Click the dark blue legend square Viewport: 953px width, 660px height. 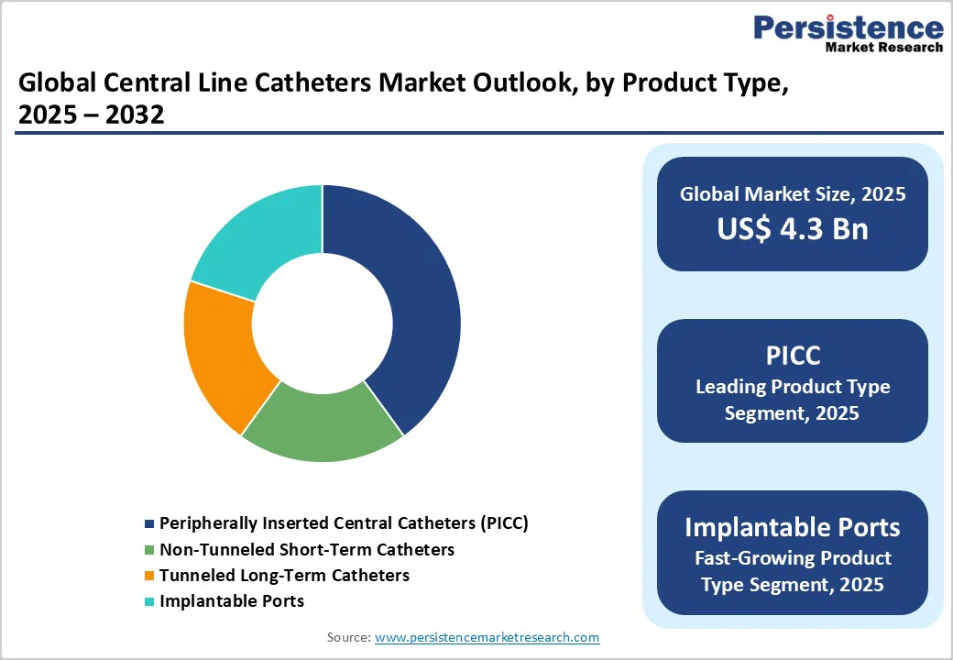click(x=149, y=524)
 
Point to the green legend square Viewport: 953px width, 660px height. click(x=149, y=550)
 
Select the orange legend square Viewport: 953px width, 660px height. click(x=149, y=576)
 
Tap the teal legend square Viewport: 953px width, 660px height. click(x=149, y=601)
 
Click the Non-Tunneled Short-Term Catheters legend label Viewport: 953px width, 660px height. click(x=306, y=550)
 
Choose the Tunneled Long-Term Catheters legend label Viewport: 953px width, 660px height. click(x=284, y=576)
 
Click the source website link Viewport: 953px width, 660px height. click(x=487, y=637)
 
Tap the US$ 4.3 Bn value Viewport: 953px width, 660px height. click(x=792, y=228)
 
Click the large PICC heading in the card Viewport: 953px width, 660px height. click(x=792, y=356)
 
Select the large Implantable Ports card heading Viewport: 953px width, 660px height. click(x=792, y=528)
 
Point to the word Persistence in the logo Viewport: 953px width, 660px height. click(x=848, y=28)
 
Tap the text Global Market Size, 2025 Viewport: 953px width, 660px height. click(x=792, y=194)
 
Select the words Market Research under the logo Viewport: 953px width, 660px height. click(x=883, y=47)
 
